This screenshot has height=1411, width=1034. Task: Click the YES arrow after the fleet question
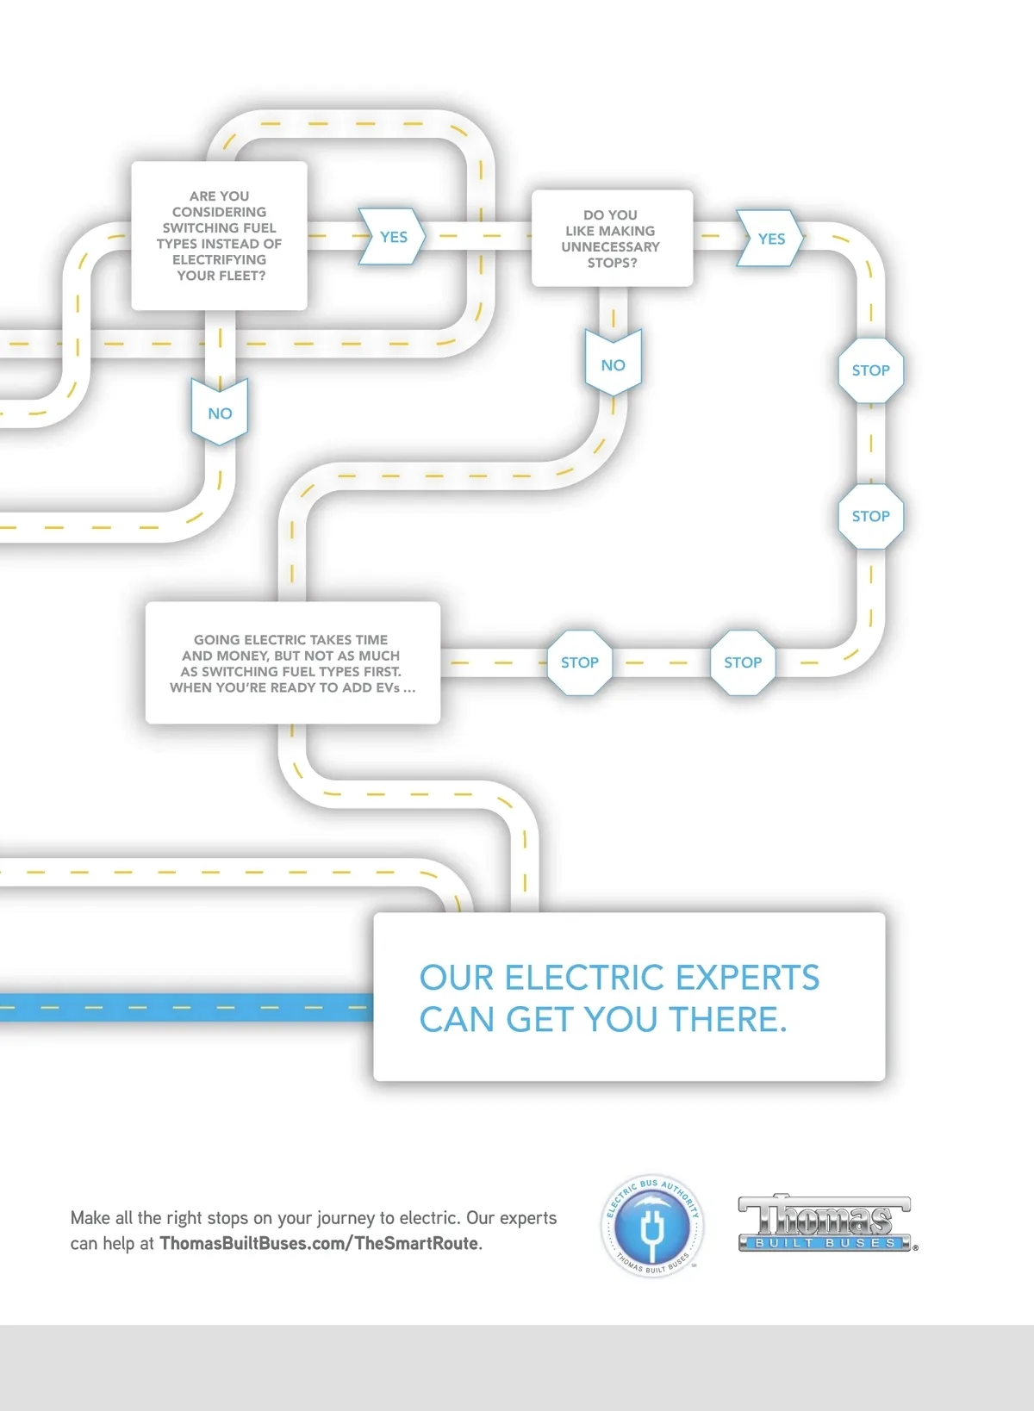click(393, 237)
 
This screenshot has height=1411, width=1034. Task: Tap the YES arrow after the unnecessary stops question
click(771, 239)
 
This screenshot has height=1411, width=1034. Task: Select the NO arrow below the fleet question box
click(220, 413)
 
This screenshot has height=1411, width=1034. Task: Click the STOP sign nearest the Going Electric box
click(579, 662)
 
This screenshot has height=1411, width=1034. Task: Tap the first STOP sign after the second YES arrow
click(870, 370)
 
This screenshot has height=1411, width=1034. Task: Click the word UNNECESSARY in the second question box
click(610, 246)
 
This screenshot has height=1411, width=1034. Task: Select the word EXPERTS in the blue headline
click(747, 978)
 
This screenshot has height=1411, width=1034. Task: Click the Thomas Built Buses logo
click(825, 1223)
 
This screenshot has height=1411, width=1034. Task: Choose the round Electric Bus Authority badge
click(651, 1226)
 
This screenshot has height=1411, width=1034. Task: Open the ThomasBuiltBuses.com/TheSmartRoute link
click(319, 1243)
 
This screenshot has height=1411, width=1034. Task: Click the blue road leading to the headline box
click(185, 1007)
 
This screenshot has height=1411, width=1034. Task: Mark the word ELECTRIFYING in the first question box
click(219, 259)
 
